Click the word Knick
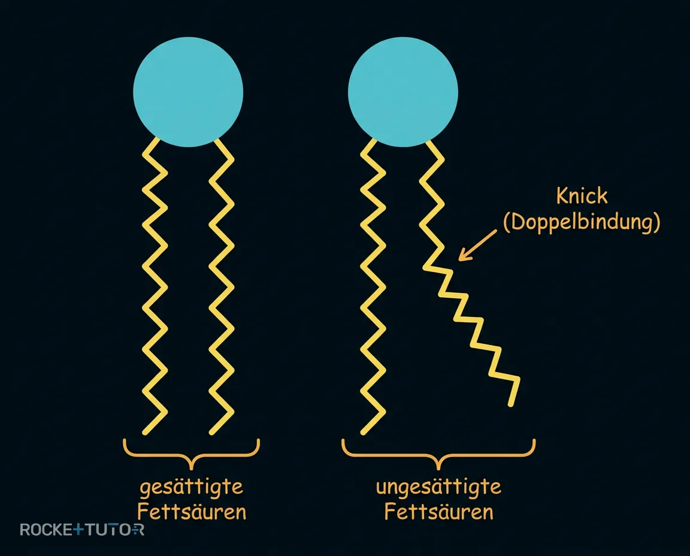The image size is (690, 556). point(582,195)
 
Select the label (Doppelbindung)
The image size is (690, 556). point(582,222)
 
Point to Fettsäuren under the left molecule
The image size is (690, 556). point(192,512)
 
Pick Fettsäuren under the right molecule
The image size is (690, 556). point(438,512)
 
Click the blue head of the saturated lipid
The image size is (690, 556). point(188,92)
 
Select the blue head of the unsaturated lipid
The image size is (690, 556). point(403,92)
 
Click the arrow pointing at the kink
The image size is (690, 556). point(477,245)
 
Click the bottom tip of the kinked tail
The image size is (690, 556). point(511,404)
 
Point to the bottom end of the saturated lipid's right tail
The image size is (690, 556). point(211,433)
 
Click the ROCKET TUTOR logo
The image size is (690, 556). point(82,529)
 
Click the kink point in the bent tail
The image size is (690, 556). point(425,267)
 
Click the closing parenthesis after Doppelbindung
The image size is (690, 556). point(656,222)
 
